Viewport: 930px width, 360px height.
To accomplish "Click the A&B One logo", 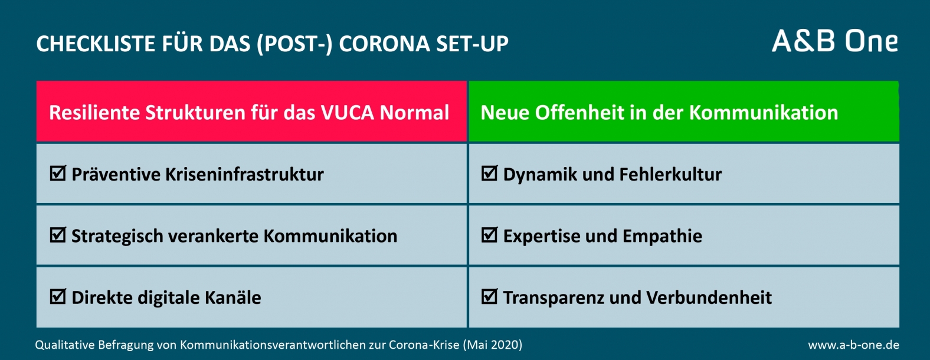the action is tap(835, 41).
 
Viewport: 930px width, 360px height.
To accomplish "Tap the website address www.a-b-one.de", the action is tap(854, 345).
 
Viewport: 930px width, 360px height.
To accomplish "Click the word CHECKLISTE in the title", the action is tap(96, 44).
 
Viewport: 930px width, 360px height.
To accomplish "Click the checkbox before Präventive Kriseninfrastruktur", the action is tap(58, 173).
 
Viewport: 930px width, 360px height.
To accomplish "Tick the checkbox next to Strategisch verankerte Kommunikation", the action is tap(58, 235).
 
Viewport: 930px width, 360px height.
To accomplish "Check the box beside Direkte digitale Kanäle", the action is tap(58, 296).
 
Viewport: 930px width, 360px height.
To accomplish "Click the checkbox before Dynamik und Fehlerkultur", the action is tap(490, 173).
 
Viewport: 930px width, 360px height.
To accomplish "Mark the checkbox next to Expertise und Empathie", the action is tap(490, 235).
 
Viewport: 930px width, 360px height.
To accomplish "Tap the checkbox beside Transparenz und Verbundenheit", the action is tap(490, 296).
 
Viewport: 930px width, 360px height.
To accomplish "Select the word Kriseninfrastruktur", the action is tap(244, 175).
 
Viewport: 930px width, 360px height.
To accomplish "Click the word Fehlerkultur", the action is tap(670, 175).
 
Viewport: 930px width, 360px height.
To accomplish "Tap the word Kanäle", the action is tap(233, 297).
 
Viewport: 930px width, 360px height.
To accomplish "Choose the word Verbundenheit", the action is tap(709, 297).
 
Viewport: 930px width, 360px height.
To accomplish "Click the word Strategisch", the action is tap(117, 236).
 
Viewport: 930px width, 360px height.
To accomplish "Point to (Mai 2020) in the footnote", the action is tap(492, 345).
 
